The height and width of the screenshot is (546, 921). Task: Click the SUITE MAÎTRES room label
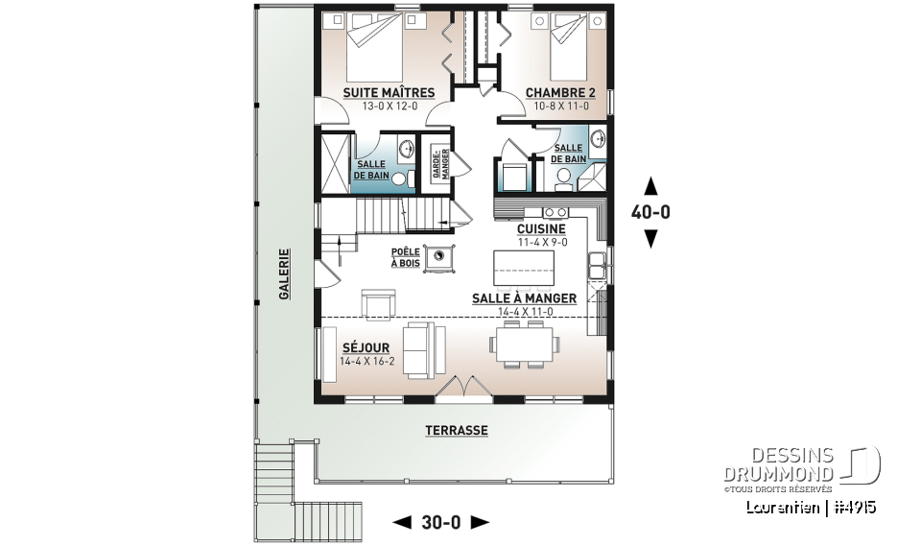pos(389,93)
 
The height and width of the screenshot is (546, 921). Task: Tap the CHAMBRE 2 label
pos(560,93)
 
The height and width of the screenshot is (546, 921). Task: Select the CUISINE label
pos(541,229)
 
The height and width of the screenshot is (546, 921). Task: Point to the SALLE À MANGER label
pos(524,298)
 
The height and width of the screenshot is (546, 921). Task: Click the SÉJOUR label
pos(365,346)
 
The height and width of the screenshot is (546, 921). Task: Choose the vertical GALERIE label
pos(284,274)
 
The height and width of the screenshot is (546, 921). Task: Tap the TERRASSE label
pos(457,431)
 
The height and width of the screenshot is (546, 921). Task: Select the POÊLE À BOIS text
pos(406,258)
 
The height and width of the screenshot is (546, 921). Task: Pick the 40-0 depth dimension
pos(650,213)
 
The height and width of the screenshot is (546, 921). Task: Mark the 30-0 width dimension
pos(441,523)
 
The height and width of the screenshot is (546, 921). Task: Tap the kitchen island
pos(523,268)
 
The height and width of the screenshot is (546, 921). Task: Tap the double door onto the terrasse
pos(463,387)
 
